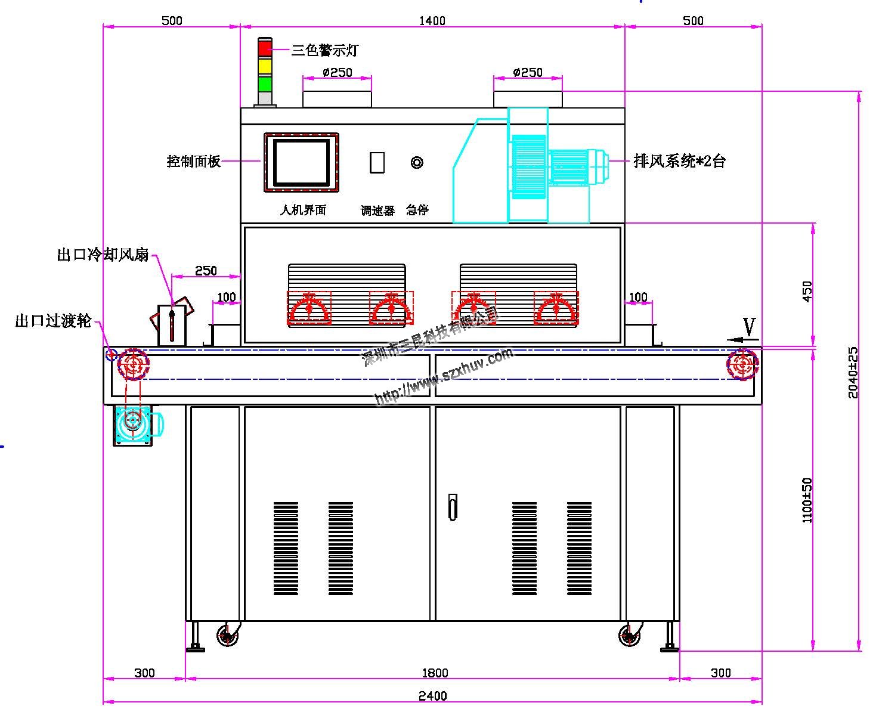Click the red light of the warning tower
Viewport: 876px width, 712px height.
point(265,48)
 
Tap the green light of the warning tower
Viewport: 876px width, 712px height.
point(265,83)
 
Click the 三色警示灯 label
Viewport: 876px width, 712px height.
point(324,51)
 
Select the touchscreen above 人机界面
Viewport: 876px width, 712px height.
point(301,162)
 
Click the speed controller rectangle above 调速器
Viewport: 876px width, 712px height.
point(377,162)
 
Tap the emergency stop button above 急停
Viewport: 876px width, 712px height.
point(417,162)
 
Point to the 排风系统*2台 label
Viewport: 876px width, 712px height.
point(679,161)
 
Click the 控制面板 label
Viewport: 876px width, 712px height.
point(194,162)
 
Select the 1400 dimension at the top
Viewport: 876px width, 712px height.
point(432,21)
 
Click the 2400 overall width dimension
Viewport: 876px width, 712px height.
point(433,696)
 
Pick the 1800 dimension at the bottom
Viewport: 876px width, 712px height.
point(435,673)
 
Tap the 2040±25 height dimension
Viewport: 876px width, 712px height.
point(853,373)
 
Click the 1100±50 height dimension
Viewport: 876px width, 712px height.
point(807,500)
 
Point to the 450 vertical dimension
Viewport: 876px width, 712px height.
point(807,292)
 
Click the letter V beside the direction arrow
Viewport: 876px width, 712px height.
point(750,327)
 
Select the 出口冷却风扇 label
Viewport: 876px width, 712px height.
point(103,255)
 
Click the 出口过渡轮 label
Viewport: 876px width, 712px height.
point(53,321)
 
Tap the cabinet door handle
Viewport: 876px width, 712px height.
point(453,507)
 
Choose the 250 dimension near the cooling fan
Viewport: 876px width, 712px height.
point(206,271)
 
